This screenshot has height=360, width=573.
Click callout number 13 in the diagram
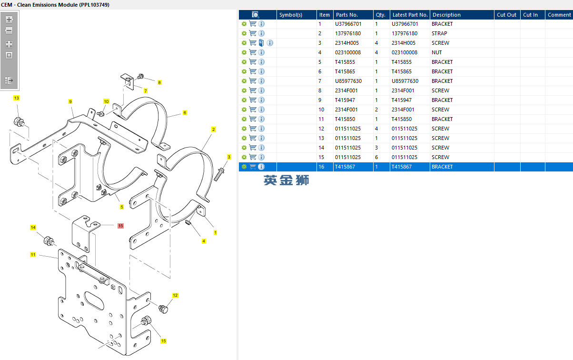16,98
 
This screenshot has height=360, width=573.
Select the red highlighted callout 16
120,226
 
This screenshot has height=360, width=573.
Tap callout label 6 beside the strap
185,113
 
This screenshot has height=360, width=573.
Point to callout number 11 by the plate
33,255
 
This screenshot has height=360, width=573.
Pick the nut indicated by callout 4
188,223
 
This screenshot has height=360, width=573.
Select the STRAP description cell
439,33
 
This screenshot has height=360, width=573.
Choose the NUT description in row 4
436,52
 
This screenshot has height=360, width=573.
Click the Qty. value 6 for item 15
376,157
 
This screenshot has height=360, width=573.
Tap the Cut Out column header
506,15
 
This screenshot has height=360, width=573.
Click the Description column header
446,15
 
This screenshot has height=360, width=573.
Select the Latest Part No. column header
410,15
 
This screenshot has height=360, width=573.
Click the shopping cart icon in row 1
253,24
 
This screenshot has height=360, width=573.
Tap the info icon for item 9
261,100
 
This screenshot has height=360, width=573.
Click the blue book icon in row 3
261,43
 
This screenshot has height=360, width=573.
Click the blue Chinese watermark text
286,180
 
